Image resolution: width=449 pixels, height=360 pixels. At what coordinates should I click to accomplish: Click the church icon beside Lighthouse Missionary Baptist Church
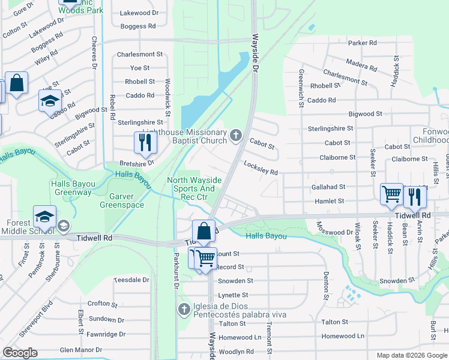tap(236, 136)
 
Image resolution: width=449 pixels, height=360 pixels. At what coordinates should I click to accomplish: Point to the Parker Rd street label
tap(362, 43)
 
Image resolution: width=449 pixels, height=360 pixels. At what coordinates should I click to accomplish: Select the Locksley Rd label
tap(261, 168)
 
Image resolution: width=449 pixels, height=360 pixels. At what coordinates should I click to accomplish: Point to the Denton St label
tap(327, 285)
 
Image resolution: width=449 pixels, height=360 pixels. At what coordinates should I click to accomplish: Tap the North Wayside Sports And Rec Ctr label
tap(194, 188)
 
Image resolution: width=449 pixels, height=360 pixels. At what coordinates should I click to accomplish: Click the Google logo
tap(20, 353)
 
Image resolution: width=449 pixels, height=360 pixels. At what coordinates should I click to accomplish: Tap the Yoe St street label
tap(139, 68)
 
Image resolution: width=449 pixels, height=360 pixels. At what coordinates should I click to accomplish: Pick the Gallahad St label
tap(328, 187)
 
